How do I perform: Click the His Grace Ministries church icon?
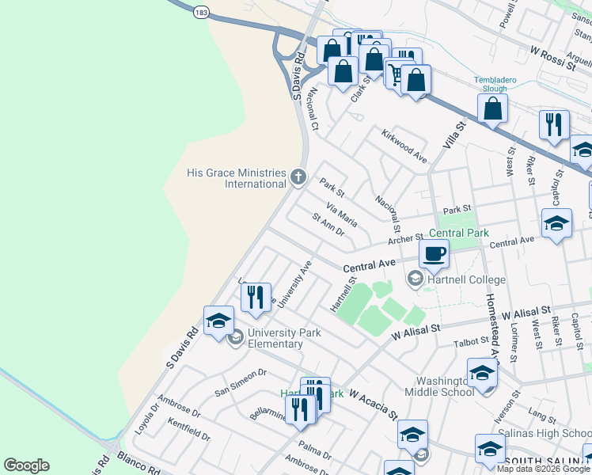click(x=298, y=177)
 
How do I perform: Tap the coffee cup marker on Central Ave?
click(x=433, y=254)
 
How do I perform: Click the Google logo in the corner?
click(x=26, y=465)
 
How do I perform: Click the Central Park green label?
click(x=459, y=233)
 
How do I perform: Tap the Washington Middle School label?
click(x=439, y=386)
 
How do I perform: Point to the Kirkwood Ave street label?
click(x=404, y=146)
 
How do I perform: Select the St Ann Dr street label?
click(x=328, y=225)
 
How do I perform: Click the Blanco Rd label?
click(x=139, y=463)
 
